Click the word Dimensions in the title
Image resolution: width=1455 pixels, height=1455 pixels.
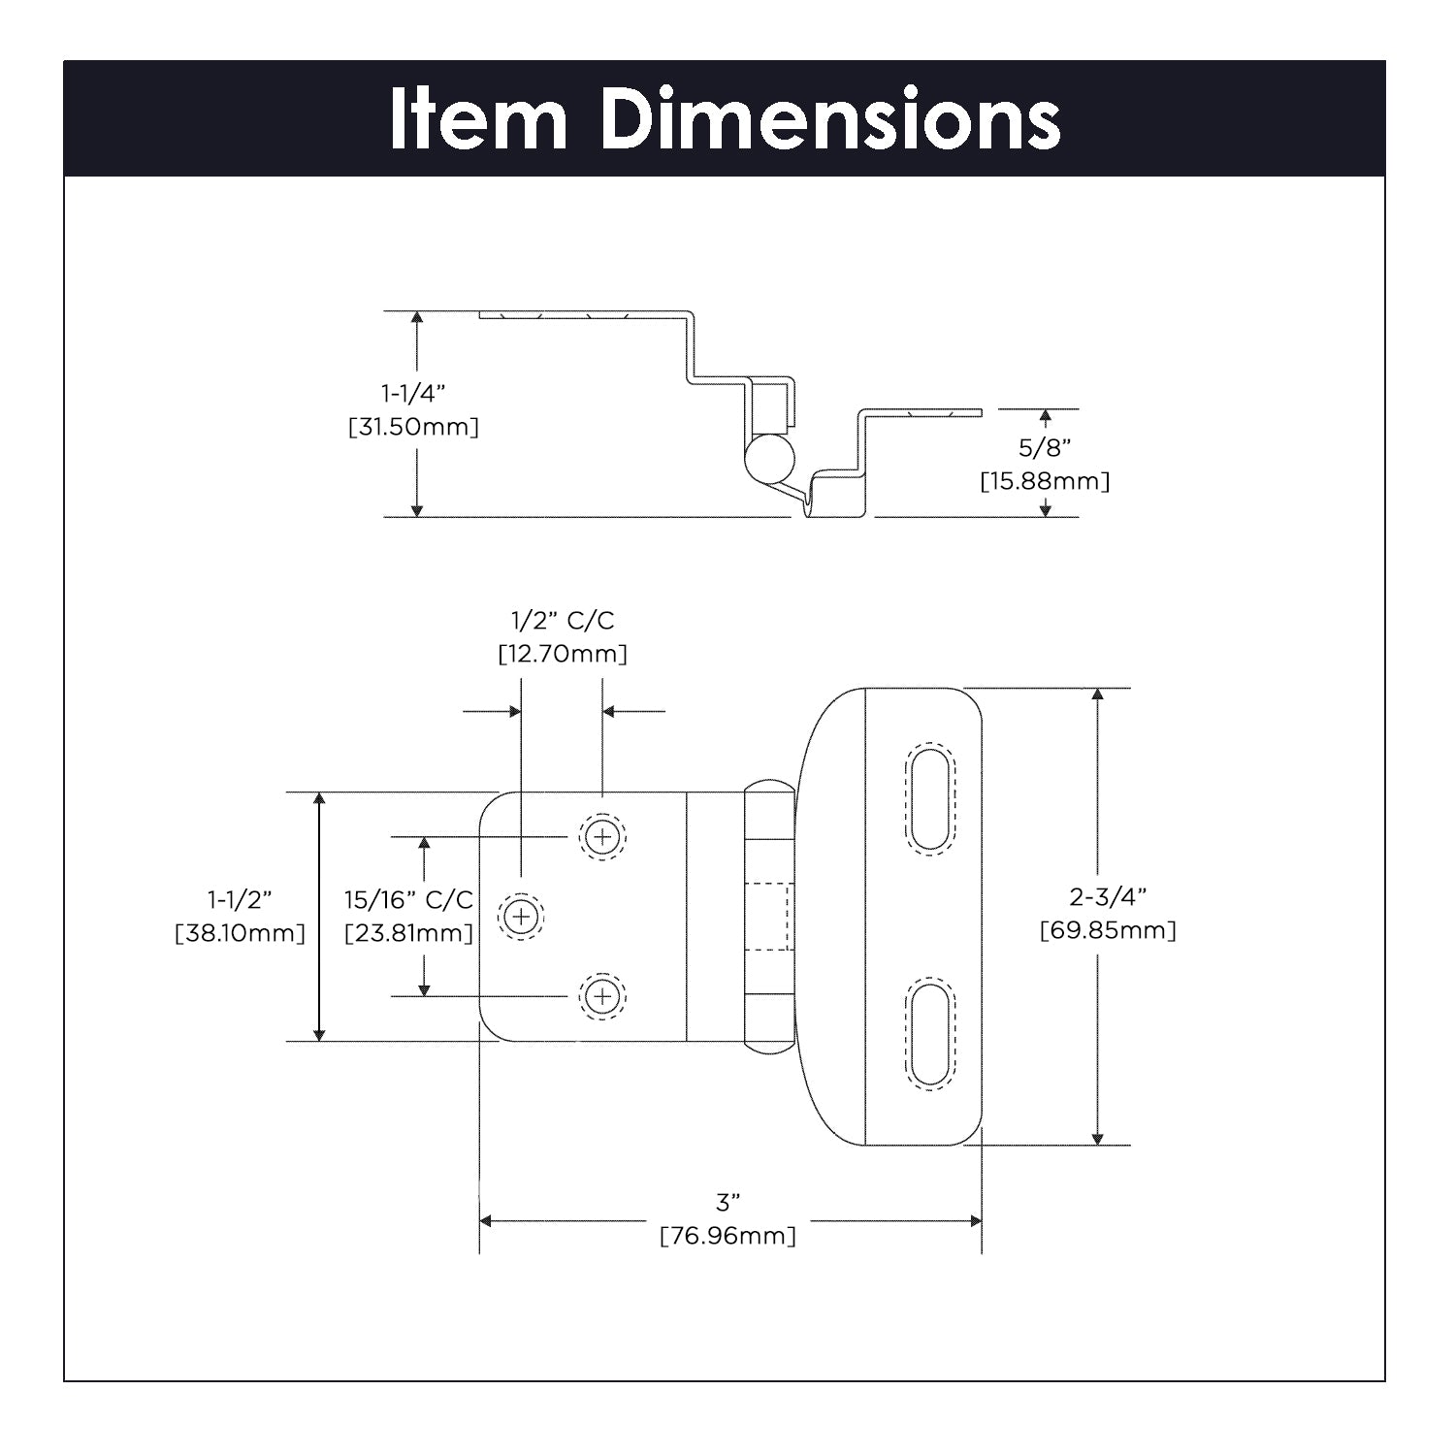[x=830, y=119]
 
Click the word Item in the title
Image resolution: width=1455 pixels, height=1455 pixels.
[x=478, y=119]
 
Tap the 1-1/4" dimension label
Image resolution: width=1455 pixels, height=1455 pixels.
[x=413, y=393]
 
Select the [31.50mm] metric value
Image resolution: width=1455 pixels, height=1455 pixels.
[x=413, y=427]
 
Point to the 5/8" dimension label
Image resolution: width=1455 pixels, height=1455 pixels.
[x=1045, y=447]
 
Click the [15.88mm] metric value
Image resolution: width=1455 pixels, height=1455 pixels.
[x=1045, y=481]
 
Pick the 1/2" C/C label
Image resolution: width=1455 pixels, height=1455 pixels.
[x=563, y=621]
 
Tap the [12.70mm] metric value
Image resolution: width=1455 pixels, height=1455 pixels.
[x=563, y=654]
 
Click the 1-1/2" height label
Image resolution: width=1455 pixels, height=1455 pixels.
[x=240, y=899]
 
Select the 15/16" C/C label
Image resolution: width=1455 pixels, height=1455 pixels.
[x=408, y=899]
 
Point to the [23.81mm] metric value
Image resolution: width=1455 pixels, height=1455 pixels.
[x=408, y=933]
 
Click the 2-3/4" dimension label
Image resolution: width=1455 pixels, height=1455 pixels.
[x=1108, y=896]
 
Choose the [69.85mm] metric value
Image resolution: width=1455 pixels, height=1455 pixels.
[x=1108, y=930]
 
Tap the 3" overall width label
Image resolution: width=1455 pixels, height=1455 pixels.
[x=727, y=1203]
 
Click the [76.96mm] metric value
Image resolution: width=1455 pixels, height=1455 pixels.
[x=727, y=1237]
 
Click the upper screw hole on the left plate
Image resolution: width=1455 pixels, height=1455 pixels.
[x=602, y=835]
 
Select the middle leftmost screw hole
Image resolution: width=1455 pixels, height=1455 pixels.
[x=521, y=916]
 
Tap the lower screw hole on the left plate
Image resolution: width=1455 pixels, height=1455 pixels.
[x=602, y=996]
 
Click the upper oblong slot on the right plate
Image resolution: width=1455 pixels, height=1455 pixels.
[x=929, y=798]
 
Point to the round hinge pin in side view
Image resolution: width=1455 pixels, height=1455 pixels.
[x=769, y=457]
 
